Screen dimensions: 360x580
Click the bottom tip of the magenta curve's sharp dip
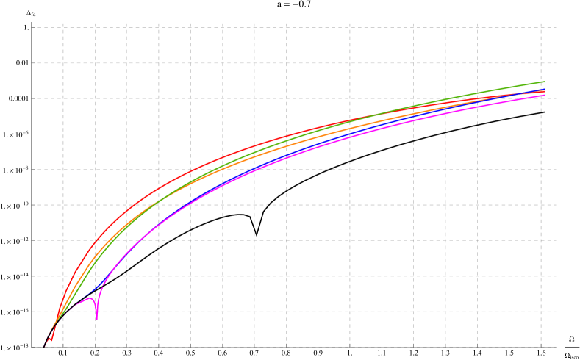coord(96,319)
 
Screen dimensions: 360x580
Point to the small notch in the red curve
coord(51,340)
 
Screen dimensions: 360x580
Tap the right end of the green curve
coord(544,82)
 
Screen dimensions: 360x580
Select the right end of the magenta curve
coord(544,95)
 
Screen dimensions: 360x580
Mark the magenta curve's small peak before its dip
coord(90,298)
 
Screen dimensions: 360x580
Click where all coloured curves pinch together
coord(57,320)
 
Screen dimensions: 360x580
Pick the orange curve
coord(221,169)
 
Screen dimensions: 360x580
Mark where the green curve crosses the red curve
coord(360,118)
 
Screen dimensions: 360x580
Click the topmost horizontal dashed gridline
coord(294,28)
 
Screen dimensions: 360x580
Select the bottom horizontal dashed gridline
coord(294,347)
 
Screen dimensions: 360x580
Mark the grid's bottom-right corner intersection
coord(541,347)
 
